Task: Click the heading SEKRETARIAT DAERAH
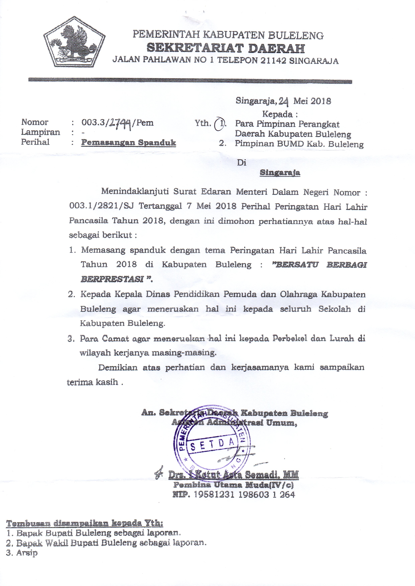tap(226, 48)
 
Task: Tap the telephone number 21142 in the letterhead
tap(273, 61)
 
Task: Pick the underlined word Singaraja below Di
tap(280, 173)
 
